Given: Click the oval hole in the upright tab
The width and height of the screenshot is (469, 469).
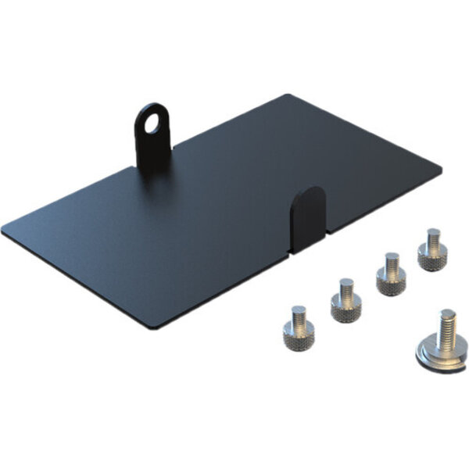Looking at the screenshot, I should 149,121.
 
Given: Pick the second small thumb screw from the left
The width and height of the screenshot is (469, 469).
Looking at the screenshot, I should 343,299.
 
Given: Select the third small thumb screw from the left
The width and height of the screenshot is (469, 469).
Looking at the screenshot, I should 389,274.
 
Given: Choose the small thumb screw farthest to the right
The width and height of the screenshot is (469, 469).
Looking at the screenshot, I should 431,249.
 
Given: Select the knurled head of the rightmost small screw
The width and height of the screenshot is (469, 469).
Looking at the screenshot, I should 430,259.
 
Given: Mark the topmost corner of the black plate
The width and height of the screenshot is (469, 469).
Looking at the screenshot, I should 288,96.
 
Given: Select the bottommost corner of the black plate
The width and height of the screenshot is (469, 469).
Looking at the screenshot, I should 160,328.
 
